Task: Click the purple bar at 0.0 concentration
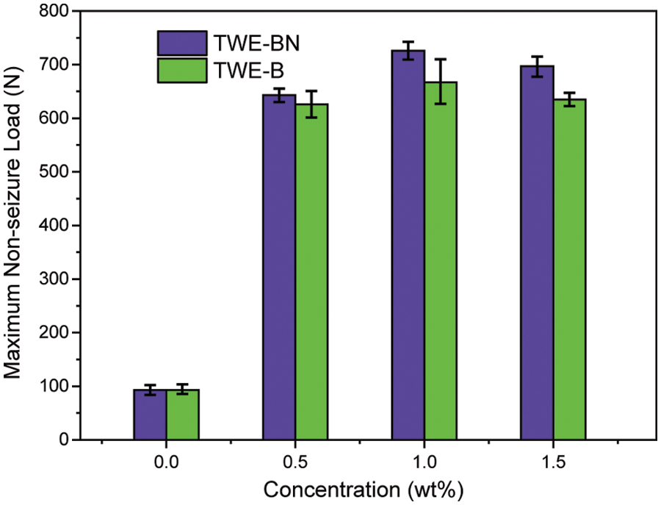tap(150, 415)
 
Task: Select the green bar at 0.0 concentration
tap(182, 415)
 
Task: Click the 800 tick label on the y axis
tap(54, 12)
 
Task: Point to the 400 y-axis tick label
tap(54, 226)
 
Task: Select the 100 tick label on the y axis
tap(54, 387)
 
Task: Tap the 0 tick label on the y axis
tap(64, 440)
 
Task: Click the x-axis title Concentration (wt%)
tap(363, 490)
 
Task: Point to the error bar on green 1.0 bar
tap(441, 82)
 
